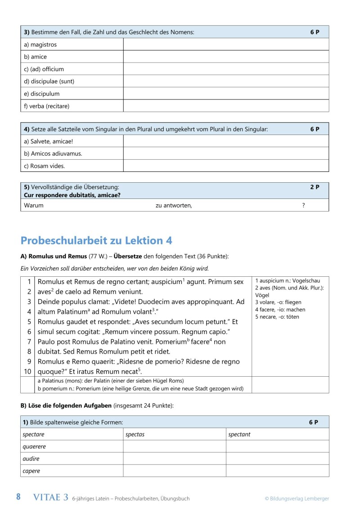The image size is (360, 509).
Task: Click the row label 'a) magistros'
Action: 40,45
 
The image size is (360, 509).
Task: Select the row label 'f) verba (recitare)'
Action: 47,106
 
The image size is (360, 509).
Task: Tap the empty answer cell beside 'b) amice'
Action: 226,57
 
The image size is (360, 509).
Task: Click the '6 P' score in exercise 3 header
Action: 315,32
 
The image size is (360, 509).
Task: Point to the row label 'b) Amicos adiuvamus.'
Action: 53,153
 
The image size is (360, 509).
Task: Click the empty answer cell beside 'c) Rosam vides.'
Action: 226,166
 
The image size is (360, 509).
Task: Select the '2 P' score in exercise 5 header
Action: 315,187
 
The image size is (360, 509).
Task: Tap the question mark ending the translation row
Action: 304,205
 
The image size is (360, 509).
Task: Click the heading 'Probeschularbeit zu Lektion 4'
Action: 96,240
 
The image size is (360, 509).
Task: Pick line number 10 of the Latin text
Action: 28,371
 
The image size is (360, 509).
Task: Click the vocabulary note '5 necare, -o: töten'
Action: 277,317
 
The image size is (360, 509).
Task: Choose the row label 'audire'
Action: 31,459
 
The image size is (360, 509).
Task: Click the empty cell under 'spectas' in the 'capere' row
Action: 174,471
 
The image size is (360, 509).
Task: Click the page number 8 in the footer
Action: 18,497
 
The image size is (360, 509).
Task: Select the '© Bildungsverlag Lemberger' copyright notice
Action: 297,498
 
